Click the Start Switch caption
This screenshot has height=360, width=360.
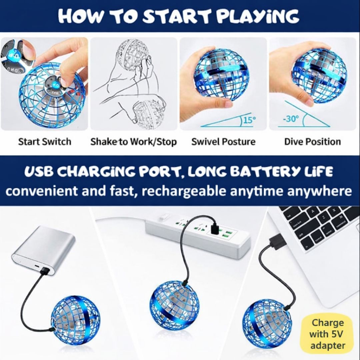click(45, 141)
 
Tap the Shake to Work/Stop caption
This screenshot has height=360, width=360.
click(133, 142)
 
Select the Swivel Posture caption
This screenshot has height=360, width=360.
click(223, 142)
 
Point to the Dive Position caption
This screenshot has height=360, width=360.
click(312, 142)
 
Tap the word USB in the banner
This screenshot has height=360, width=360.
click(39, 172)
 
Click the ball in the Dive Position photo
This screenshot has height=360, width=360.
click(319, 75)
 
